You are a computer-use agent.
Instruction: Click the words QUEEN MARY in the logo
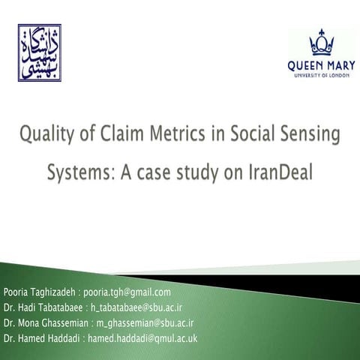point(321,64)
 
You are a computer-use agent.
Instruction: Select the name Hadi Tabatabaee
point(50,307)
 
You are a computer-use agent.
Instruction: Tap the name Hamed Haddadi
point(51,338)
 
